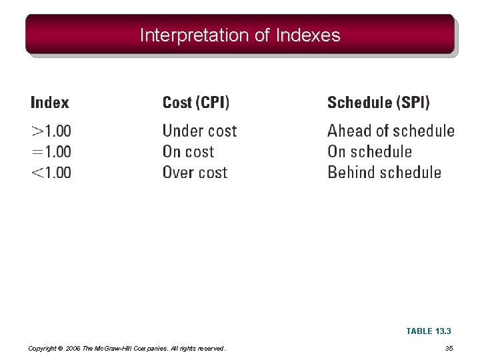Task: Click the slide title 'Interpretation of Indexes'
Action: (240, 35)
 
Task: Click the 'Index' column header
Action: (50, 103)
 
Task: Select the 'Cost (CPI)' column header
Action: (196, 103)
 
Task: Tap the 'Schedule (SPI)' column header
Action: (379, 103)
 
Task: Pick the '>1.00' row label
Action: (51, 131)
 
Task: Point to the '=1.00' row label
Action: (51, 152)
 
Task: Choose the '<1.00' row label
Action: (51, 173)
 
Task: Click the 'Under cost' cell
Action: (199, 131)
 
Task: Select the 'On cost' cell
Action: (188, 152)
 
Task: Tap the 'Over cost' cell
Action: (195, 173)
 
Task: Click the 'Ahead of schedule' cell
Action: (391, 131)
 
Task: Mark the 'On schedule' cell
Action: (369, 152)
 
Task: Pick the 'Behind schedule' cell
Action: (384, 173)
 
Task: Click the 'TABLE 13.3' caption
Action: (429, 331)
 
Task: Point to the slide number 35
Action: (449, 348)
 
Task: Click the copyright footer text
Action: (127, 349)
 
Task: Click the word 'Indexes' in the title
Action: (307, 35)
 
